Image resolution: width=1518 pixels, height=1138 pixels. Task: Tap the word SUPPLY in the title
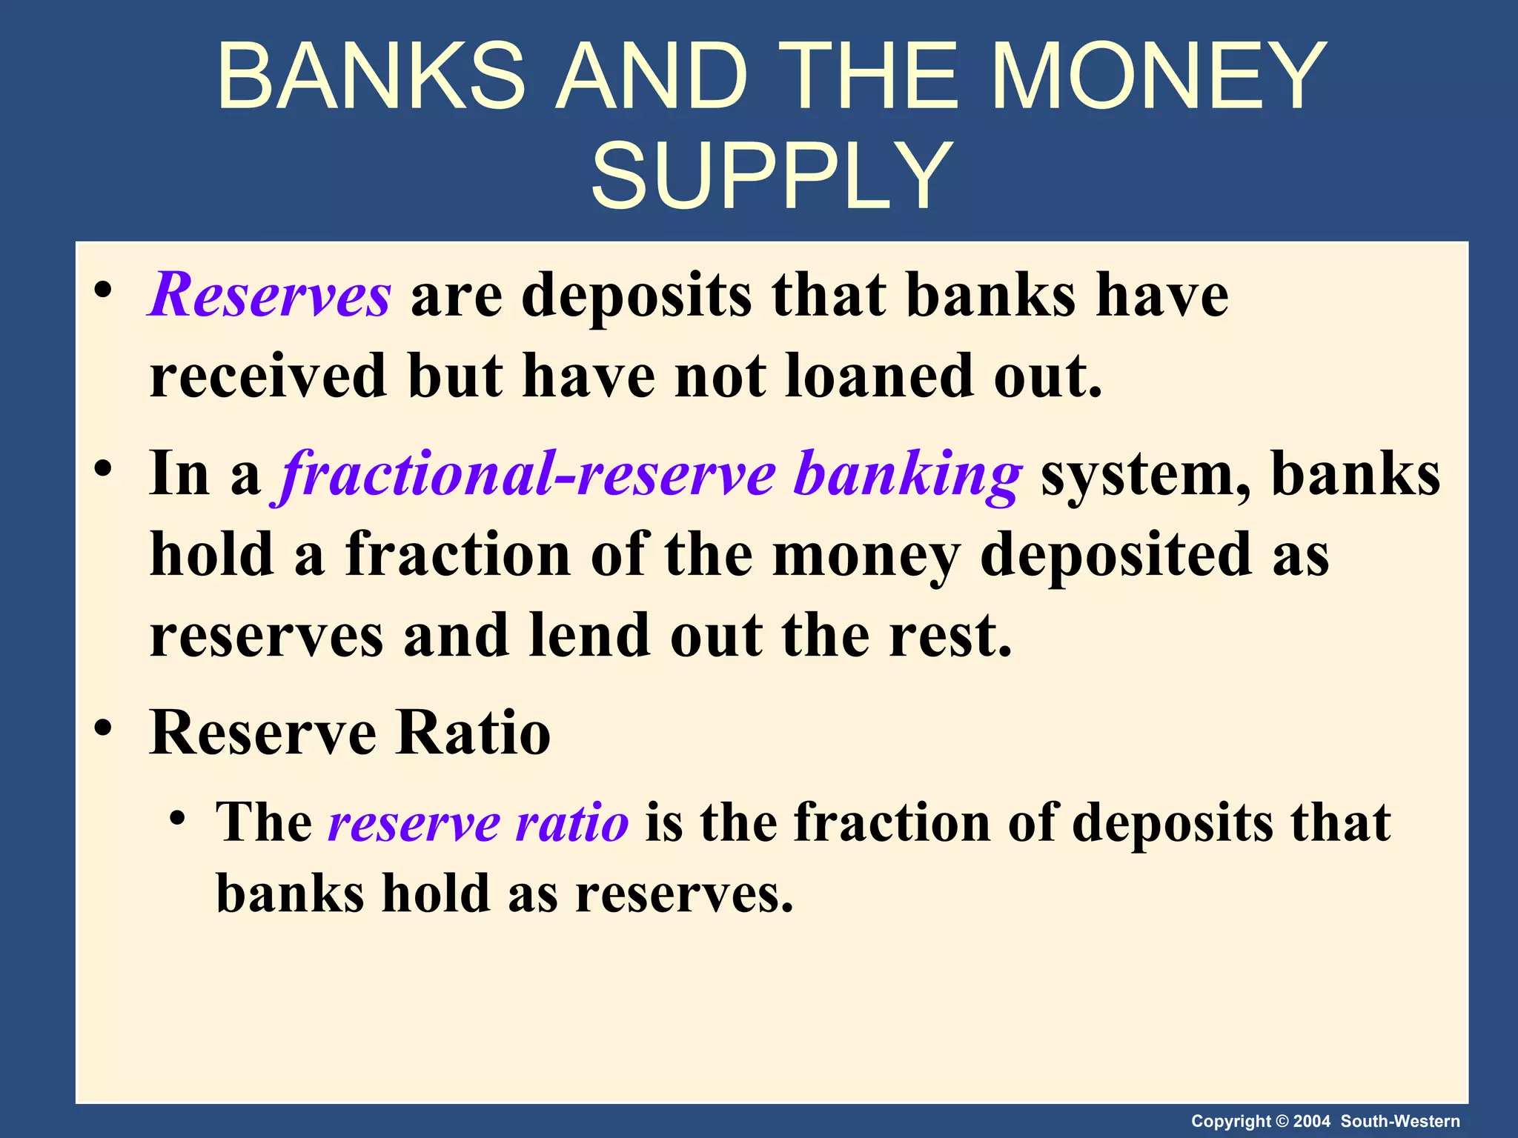(x=772, y=177)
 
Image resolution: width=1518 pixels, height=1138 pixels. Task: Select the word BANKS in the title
(x=371, y=76)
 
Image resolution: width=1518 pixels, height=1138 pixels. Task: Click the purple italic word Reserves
(x=269, y=295)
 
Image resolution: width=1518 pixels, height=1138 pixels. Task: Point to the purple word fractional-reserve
(x=528, y=474)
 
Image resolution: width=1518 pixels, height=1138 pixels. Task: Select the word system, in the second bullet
(x=1146, y=474)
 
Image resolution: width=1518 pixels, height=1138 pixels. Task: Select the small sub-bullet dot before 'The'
(x=176, y=819)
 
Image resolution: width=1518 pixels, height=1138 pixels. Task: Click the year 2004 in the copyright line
(x=1312, y=1121)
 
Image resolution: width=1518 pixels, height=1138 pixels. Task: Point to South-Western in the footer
(x=1400, y=1121)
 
